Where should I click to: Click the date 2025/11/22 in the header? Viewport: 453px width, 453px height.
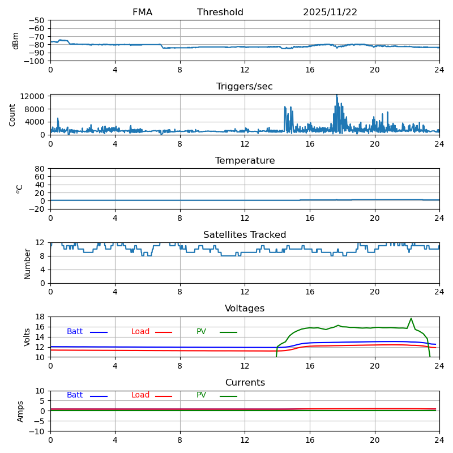[330, 12]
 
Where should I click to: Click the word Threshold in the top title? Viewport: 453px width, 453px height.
[220, 12]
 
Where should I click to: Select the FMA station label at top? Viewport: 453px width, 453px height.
[142, 12]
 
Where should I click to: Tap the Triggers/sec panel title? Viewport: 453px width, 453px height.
[245, 87]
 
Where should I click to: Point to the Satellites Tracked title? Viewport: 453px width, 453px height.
[245, 235]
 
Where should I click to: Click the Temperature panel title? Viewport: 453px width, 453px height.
[245, 161]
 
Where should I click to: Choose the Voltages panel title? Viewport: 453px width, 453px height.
[245, 309]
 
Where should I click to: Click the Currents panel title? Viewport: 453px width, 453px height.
[245, 383]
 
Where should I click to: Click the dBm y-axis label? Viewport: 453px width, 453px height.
[16, 41]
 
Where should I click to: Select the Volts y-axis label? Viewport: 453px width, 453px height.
[27, 337]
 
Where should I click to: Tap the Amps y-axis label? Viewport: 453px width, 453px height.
[20, 411]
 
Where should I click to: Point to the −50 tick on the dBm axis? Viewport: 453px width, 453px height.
[37, 20]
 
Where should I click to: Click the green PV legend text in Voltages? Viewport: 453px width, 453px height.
[201, 332]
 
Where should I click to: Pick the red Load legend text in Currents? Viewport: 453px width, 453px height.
[140, 395]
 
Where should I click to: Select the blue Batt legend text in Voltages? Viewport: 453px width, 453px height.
[75, 332]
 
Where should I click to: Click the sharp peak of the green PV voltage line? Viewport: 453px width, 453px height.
[411, 318]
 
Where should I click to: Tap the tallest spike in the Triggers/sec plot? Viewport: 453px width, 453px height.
[336, 95]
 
